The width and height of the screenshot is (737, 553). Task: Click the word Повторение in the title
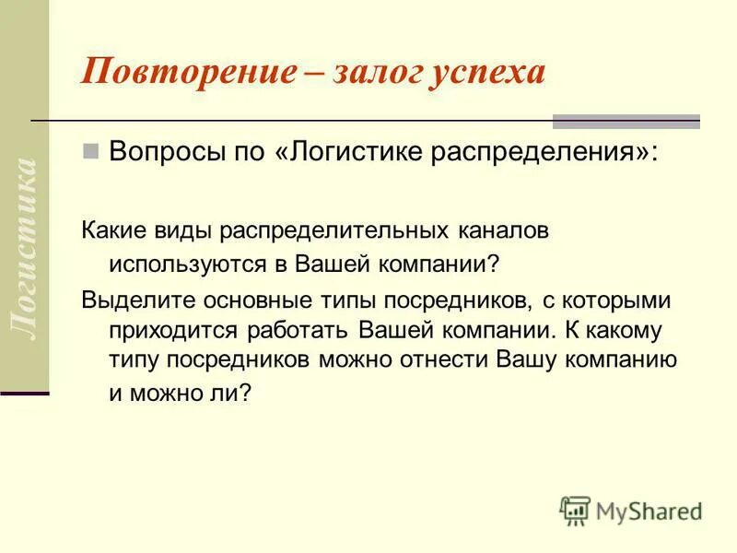183,71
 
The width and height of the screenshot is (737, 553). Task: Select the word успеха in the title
485,71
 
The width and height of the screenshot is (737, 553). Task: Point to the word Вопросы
156,151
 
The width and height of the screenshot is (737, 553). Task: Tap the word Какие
110,230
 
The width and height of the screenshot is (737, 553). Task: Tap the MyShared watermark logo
630,511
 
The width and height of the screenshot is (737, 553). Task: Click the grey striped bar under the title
626,122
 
